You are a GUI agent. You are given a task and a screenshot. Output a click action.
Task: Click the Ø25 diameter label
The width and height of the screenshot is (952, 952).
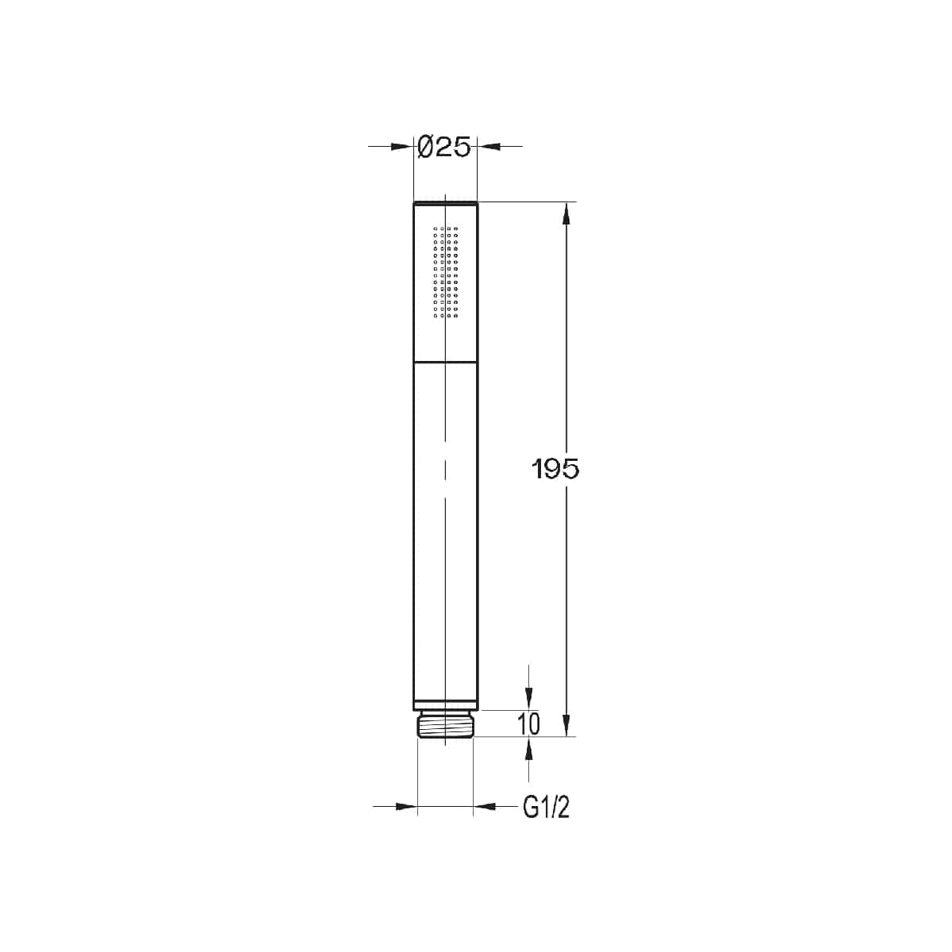pos(444,146)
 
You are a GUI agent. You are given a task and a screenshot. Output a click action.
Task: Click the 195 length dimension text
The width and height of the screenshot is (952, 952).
pos(555,470)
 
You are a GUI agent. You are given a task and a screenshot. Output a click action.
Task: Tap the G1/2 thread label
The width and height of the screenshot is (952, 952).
pos(546,808)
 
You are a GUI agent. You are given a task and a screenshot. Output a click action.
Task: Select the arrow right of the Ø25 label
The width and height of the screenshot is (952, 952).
pos(487,146)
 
